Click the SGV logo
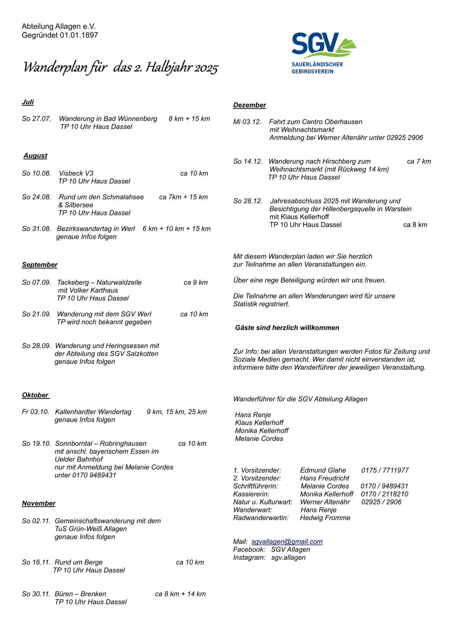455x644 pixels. (x=323, y=53)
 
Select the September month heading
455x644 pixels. (x=40, y=265)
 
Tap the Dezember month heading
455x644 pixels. (x=250, y=105)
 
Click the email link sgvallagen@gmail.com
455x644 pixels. (x=287, y=541)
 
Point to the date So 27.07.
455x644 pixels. (x=36, y=119)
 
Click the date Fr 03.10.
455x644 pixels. (x=36, y=412)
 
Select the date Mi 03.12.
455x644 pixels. (x=247, y=122)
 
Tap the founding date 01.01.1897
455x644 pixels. (x=79, y=35)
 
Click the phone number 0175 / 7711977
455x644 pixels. (x=385, y=470)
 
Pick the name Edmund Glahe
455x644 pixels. (x=323, y=470)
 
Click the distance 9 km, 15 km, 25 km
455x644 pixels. (x=177, y=412)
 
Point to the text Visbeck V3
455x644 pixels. (x=76, y=173)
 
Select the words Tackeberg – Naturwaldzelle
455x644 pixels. (x=99, y=282)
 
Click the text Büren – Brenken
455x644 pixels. (x=81, y=594)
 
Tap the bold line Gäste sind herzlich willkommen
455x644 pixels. (x=287, y=328)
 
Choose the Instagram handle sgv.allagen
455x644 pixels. (x=288, y=557)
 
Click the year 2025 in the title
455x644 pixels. (x=206, y=68)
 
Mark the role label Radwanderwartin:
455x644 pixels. (x=261, y=518)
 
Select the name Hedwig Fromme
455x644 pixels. (x=325, y=518)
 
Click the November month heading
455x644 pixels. (x=39, y=504)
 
